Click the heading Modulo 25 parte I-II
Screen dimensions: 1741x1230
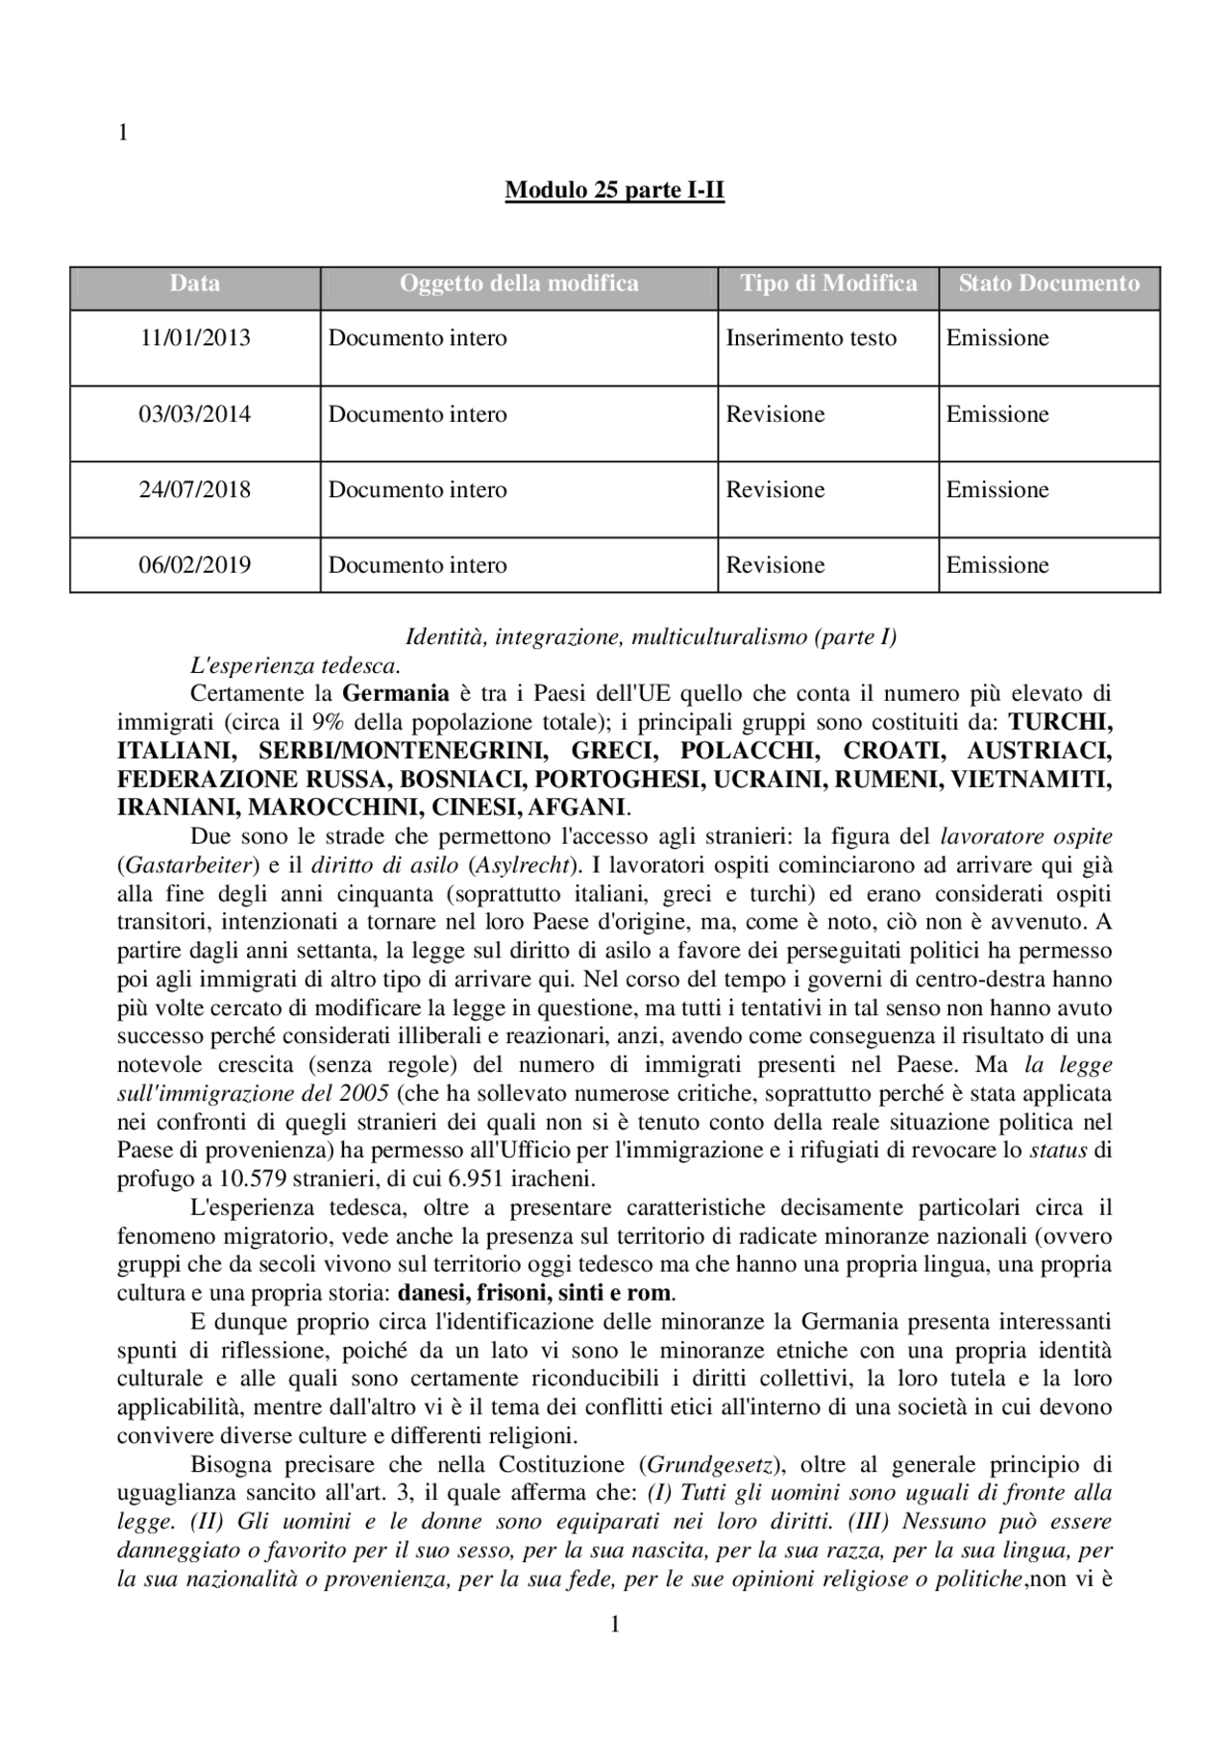[x=614, y=191]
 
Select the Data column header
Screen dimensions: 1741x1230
[x=194, y=284]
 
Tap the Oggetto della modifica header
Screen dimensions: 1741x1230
[x=518, y=284]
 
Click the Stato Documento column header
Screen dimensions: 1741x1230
[x=1048, y=284]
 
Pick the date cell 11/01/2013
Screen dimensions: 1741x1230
[x=194, y=338]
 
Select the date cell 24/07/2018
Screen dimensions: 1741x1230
[x=194, y=490]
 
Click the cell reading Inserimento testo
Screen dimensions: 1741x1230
[x=810, y=338]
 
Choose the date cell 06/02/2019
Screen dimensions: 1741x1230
[x=194, y=565]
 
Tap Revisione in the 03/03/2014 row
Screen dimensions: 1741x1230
[x=775, y=415]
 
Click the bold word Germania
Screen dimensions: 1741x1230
[x=395, y=693]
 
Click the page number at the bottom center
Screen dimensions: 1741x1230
[x=615, y=1625]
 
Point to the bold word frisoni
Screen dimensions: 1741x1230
[x=500, y=1292]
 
